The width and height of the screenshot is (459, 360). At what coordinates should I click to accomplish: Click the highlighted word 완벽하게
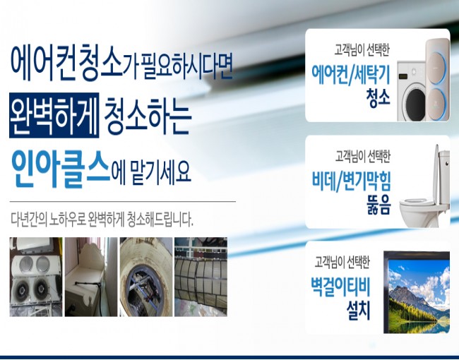[x=54, y=115]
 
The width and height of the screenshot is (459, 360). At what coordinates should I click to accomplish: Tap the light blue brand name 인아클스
[x=61, y=169]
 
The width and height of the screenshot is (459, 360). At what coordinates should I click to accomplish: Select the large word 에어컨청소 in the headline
[x=66, y=62]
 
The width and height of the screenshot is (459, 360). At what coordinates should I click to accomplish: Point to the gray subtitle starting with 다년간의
[x=102, y=220]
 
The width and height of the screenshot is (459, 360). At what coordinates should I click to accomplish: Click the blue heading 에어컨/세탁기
[x=351, y=76]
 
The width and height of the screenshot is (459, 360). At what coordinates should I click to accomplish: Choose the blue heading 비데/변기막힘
[x=351, y=181]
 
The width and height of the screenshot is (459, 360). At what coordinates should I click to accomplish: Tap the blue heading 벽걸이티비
[x=340, y=287]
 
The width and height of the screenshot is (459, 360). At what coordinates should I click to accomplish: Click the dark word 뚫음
[x=378, y=205]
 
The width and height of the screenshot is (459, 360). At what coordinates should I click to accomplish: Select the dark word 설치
[x=359, y=311]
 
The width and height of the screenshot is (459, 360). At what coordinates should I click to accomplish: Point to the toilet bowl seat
[x=417, y=203]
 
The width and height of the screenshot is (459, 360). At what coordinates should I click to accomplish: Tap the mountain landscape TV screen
[x=419, y=296]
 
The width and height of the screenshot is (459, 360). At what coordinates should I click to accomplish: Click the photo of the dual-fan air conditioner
[x=36, y=277]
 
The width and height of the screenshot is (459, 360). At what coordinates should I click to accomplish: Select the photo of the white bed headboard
[x=91, y=277]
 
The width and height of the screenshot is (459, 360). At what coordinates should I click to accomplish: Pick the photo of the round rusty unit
[x=146, y=277]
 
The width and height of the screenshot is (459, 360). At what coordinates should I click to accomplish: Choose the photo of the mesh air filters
[x=201, y=277]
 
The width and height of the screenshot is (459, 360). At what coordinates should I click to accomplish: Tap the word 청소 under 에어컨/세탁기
[x=378, y=98]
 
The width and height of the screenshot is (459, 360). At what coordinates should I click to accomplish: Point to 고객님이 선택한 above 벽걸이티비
[x=342, y=262]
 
